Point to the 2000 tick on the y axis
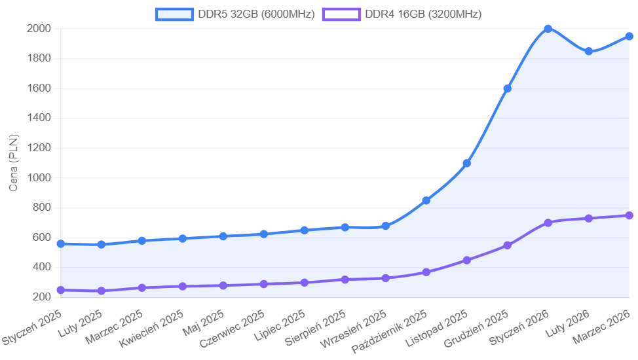[x=39, y=28]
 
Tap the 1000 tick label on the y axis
[x=39, y=177]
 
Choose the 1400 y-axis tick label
[x=39, y=118]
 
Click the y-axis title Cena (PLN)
[x=14, y=162]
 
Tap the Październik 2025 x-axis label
[x=389, y=333]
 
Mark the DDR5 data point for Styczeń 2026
[x=548, y=29]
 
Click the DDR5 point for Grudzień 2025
[x=507, y=88]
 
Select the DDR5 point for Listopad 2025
[x=466, y=163]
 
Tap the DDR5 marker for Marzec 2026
[x=629, y=37]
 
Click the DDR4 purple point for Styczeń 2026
[x=548, y=223]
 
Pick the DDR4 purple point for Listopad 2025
[x=466, y=260]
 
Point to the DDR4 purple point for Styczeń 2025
[x=61, y=290]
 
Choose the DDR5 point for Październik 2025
[x=426, y=200]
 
